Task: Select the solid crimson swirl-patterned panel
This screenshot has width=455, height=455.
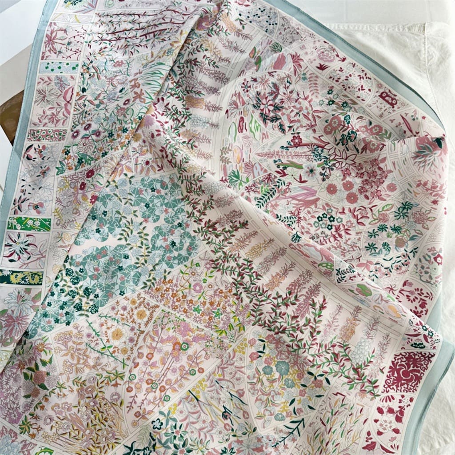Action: pos(408,371)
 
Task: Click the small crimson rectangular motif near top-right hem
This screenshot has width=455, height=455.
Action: pos(388,99)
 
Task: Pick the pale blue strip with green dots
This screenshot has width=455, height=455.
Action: pos(59,67)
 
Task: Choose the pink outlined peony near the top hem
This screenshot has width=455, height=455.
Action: pos(327,56)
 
